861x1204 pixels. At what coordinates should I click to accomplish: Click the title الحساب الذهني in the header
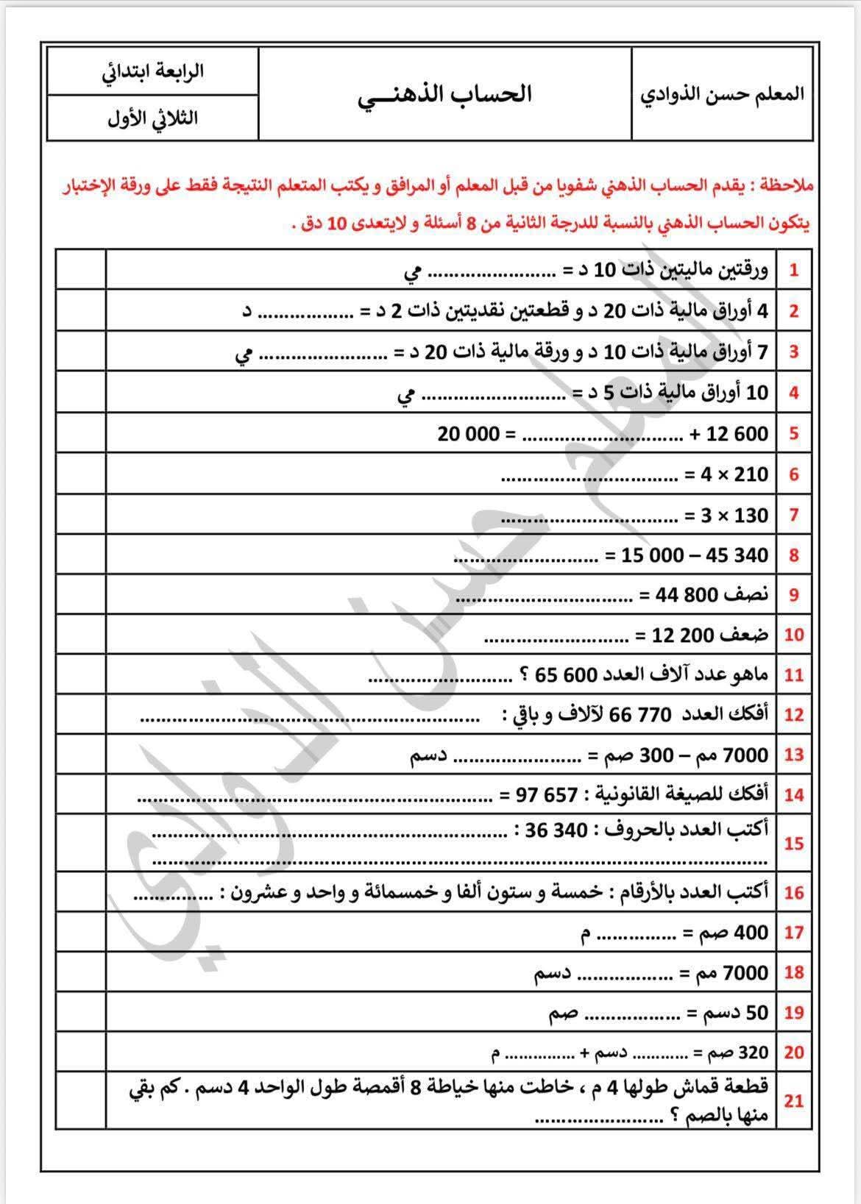pyautogui.click(x=444, y=95)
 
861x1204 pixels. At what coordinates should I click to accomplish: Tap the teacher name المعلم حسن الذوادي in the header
pyautogui.click(x=723, y=95)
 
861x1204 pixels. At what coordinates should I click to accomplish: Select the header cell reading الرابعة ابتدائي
pyautogui.click(x=152, y=71)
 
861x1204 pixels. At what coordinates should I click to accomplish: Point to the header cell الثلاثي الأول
pyautogui.click(x=152, y=118)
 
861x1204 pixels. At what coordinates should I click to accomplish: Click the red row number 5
pyautogui.click(x=793, y=433)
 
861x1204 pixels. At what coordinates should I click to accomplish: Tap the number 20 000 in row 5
pyautogui.click(x=469, y=433)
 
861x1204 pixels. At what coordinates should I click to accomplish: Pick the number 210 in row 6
pyautogui.click(x=751, y=474)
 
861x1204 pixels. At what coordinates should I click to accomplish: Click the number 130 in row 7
pyautogui.click(x=751, y=515)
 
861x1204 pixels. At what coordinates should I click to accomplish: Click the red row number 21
pyautogui.click(x=793, y=1101)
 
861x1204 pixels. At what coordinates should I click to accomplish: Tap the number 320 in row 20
pyautogui.click(x=753, y=1052)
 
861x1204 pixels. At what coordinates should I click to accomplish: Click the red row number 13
pyautogui.click(x=793, y=755)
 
